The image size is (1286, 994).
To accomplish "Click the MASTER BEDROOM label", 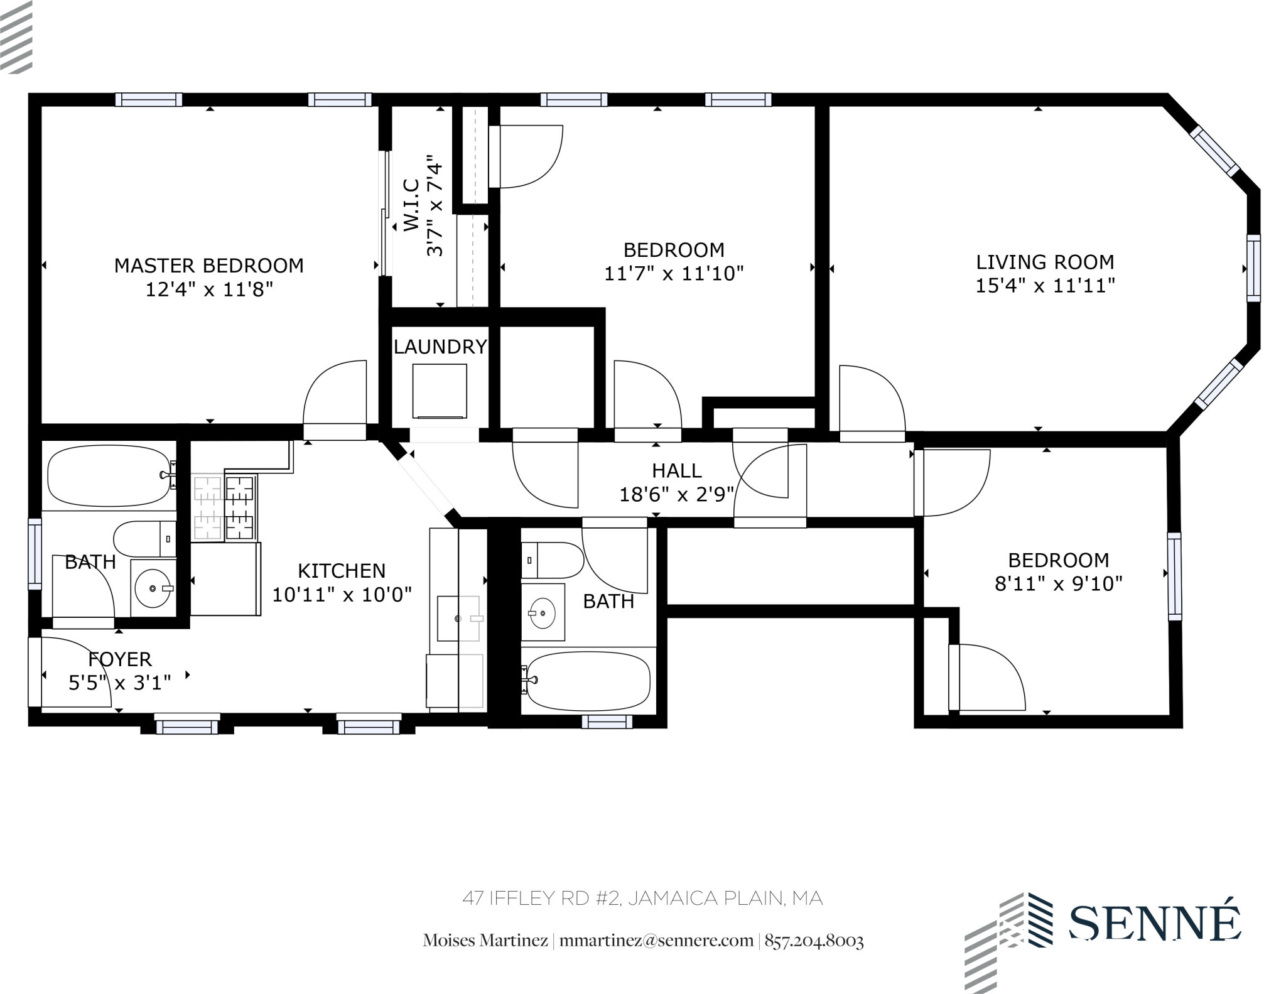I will pyautogui.click(x=208, y=266).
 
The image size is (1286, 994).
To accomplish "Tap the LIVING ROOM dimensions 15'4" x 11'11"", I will pyautogui.click(x=1044, y=286).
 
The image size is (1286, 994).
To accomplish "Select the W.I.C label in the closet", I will pyautogui.click(x=411, y=205).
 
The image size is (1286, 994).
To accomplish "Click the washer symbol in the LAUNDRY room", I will pyautogui.click(x=440, y=391).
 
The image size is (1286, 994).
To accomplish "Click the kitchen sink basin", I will pyautogui.click(x=458, y=618).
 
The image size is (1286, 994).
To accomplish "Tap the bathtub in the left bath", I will pyautogui.click(x=108, y=475).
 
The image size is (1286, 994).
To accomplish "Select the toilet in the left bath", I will pyautogui.click(x=144, y=538).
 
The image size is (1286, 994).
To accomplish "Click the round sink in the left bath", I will pyautogui.click(x=153, y=588).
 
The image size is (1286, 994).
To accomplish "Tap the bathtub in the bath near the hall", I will pyautogui.click(x=588, y=680).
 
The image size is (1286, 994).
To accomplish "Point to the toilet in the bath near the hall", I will pyautogui.click(x=553, y=560).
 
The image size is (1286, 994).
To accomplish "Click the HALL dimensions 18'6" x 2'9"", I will pyautogui.click(x=676, y=495).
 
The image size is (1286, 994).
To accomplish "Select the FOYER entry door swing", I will pyautogui.click(x=72, y=672).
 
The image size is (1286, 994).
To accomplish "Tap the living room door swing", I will pyautogui.click(x=872, y=399).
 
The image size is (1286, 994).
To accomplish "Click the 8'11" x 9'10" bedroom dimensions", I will pyautogui.click(x=1058, y=584).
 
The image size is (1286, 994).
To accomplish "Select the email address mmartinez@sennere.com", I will pyautogui.click(x=656, y=941).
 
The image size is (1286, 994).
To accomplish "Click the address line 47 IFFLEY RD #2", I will pyautogui.click(x=642, y=899).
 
